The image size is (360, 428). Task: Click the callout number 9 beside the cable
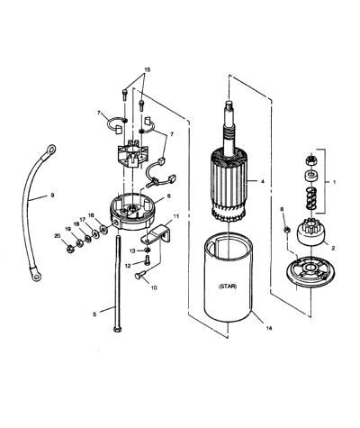[x=52, y=195]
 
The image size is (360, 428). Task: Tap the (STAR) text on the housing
[x=228, y=287]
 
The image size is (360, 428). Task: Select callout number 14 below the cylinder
[x=269, y=328]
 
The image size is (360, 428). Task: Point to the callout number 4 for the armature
[x=263, y=181]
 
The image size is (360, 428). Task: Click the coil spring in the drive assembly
[x=311, y=198]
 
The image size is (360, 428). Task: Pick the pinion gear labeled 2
[x=310, y=232]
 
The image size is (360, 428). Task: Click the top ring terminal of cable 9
[x=50, y=149]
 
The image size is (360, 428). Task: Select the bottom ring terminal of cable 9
[x=36, y=276]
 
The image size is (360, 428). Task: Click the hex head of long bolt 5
[x=117, y=329]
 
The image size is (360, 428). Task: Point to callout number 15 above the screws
[x=147, y=69]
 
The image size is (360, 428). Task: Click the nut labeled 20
[x=70, y=249]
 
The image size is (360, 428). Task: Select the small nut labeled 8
[x=286, y=230]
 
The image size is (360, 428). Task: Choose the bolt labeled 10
[x=139, y=274]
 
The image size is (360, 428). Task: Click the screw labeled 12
[x=147, y=260]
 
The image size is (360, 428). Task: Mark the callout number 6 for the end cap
[x=169, y=196]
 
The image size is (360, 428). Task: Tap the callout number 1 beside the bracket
[x=335, y=182]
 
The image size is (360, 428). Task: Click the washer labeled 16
[x=103, y=230]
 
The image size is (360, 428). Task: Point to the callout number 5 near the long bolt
[x=94, y=314]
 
